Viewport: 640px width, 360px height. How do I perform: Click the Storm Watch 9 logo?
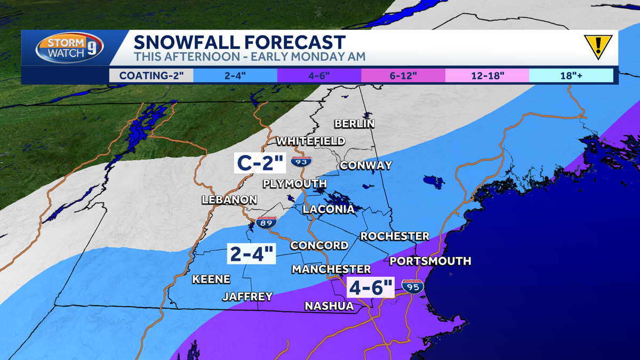(68, 49)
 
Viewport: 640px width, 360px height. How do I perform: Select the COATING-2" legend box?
(151, 75)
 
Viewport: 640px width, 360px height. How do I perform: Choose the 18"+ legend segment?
(571, 75)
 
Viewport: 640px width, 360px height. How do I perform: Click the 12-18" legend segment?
(487, 75)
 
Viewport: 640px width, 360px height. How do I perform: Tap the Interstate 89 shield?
(266, 222)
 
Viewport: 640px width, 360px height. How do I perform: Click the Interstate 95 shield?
(412, 287)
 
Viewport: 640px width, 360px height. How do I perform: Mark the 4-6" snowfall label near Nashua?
(371, 288)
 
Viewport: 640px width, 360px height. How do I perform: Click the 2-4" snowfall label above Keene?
(252, 254)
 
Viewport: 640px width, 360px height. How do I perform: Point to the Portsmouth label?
(430, 261)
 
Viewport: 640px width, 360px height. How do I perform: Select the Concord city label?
(319, 245)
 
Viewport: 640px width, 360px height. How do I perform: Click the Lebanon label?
(229, 200)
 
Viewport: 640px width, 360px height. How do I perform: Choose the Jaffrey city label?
(247, 297)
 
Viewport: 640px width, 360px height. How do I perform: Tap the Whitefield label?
(310, 141)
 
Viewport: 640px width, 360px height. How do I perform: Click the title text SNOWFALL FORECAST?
(239, 42)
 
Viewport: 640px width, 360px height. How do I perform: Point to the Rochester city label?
(395, 236)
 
